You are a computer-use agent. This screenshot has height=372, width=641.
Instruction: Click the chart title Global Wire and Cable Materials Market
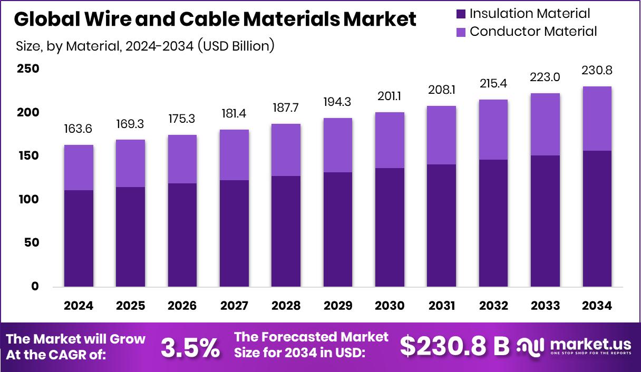click(215, 19)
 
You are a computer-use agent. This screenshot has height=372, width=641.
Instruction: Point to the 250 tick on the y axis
click(27, 69)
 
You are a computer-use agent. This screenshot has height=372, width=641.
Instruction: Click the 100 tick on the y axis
click(27, 200)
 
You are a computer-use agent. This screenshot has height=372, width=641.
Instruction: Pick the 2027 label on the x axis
click(234, 306)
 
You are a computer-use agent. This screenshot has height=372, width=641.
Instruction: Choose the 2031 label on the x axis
click(441, 306)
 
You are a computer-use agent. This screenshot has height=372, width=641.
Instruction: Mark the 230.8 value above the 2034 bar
click(597, 70)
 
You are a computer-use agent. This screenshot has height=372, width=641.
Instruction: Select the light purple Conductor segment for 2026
click(182, 159)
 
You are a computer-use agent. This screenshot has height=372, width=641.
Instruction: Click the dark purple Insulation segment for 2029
click(338, 230)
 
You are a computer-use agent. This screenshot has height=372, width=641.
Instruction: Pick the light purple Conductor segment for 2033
click(545, 124)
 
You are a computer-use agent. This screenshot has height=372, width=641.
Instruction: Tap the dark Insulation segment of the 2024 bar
click(79, 239)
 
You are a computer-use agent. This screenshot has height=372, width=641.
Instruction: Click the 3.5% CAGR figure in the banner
click(190, 347)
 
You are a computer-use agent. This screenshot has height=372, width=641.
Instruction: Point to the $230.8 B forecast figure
click(454, 346)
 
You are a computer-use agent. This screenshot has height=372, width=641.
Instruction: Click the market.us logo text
click(590, 345)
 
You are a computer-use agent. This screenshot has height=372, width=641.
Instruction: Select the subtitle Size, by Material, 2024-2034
click(145, 46)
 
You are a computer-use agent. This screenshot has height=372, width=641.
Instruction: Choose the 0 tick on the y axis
click(35, 287)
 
